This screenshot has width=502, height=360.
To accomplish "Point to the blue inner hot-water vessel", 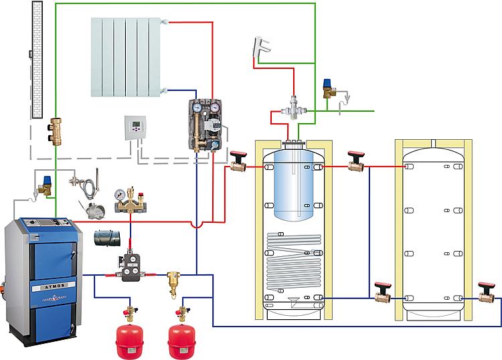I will click(x=292, y=184).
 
